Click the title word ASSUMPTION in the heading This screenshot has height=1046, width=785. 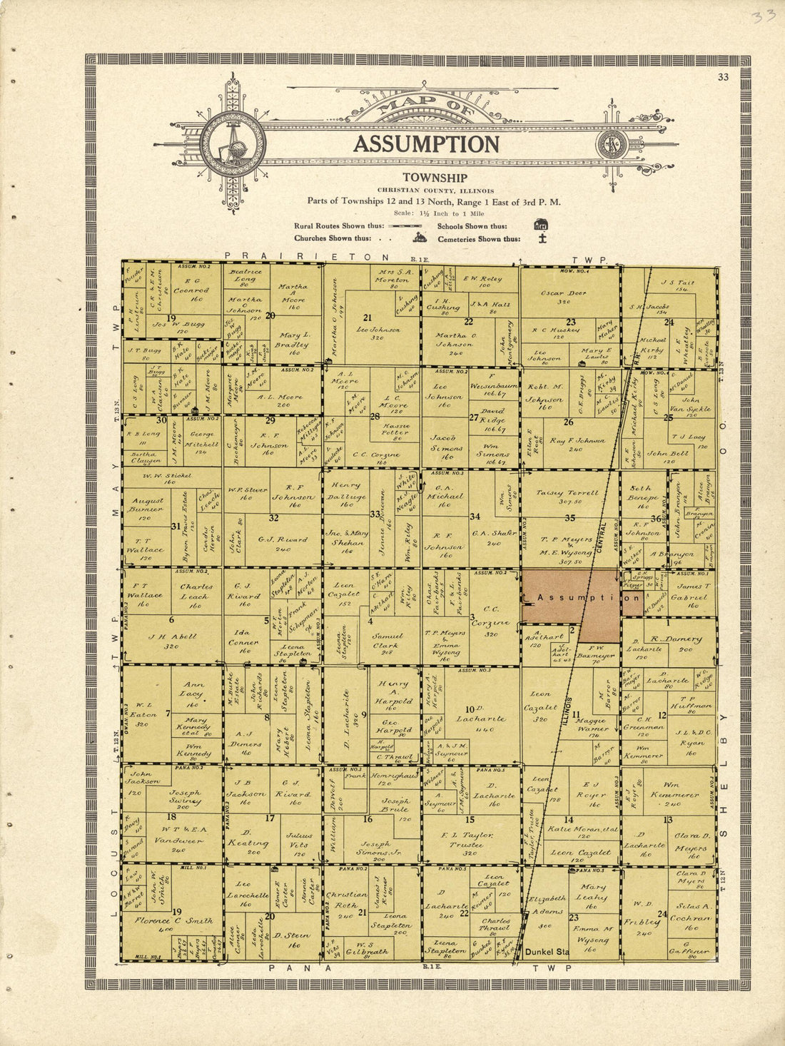coord(426,144)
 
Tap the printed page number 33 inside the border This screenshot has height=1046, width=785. coord(724,78)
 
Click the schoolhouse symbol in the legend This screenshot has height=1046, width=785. coord(541,224)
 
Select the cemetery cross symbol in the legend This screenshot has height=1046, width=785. coord(542,238)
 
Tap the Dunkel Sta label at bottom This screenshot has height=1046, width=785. coord(547,951)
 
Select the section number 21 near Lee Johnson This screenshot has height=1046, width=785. coord(368,318)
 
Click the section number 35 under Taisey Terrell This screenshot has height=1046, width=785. coord(569,518)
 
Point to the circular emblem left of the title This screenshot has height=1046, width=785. coord(233,144)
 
